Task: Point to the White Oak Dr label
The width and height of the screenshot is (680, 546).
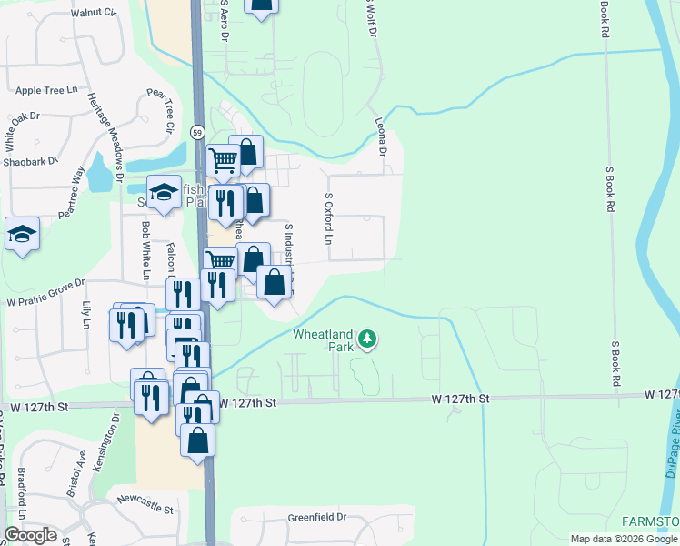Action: point(23,129)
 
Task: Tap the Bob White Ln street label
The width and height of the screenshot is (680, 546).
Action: point(145,249)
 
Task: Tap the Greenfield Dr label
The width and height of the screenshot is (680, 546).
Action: point(317,517)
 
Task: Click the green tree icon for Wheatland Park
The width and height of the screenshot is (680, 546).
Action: point(367,339)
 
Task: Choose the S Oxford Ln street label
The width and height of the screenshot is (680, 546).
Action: point(328,219)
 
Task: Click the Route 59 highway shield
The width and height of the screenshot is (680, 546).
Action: point(196,132)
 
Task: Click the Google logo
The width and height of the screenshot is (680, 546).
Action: point(30,535)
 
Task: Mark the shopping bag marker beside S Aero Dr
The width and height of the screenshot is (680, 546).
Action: point(261,5)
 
